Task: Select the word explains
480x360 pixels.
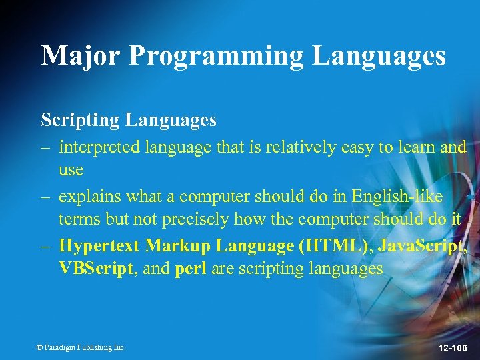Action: [x=86, y=197]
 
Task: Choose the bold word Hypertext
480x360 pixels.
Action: [x=99, y=246]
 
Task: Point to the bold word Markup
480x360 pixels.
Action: [x=176, y=246]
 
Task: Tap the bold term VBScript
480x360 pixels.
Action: [x=91, y=269]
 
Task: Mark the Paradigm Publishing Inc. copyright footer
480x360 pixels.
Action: [x=81, y=347]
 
